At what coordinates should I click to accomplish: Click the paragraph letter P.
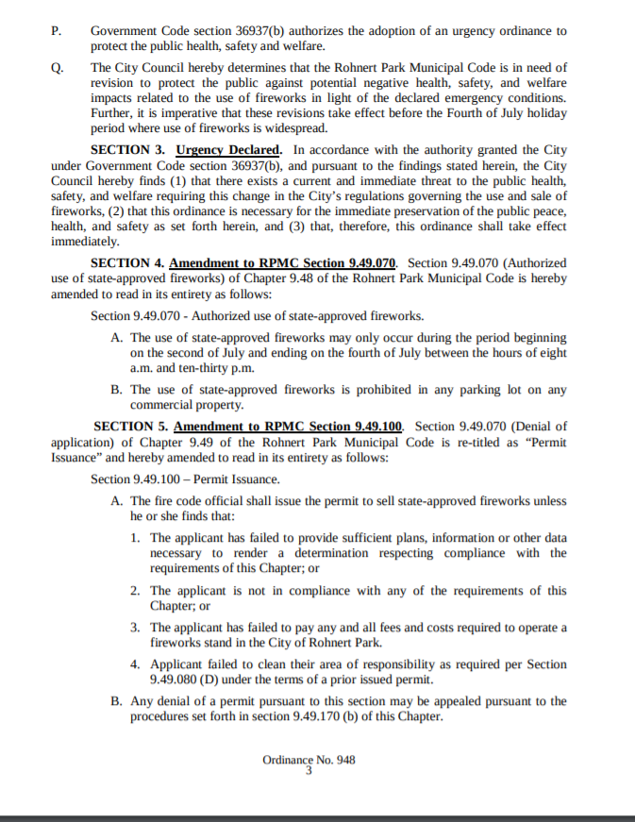pos(56,30)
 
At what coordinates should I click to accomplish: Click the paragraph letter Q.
pos(57,68)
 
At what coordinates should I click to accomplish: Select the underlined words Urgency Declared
pos(228,150)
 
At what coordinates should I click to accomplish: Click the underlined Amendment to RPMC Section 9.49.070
pos(283,262)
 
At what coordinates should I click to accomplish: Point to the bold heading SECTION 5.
pos(132,427)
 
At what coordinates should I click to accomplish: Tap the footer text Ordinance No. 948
pos(309,759)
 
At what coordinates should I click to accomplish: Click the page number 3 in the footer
pos(309,770)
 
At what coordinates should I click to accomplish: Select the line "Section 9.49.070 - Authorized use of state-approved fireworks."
pos(257,315)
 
